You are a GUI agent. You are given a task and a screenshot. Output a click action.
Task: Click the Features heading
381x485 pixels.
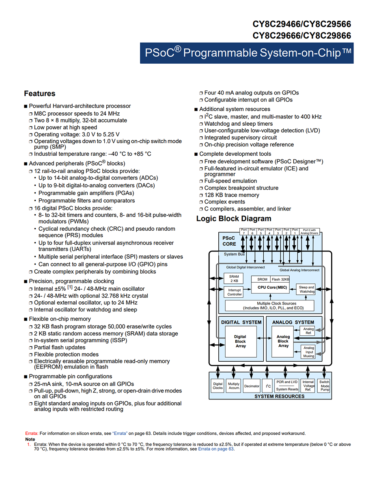(40, 93)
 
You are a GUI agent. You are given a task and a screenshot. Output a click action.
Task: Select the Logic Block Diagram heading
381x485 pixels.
(234, 219)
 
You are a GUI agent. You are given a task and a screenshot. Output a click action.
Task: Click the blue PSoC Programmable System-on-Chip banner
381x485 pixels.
(247, 53)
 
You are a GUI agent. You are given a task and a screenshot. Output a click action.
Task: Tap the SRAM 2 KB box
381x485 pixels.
(234, 279)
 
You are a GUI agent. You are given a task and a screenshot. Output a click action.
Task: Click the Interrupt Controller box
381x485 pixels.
(234, 292)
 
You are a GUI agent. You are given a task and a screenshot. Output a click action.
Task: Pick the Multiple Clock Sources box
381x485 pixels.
(269, 306)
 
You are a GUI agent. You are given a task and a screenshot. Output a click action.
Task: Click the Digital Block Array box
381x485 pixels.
(241, 341)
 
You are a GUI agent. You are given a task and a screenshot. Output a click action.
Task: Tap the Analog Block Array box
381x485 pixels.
(282, 341)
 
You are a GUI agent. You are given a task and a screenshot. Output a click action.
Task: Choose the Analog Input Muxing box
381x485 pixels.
(308, 352)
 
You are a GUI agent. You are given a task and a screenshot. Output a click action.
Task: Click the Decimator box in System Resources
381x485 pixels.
(252, 386)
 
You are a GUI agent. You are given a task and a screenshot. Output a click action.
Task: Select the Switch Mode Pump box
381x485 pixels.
(324, 386)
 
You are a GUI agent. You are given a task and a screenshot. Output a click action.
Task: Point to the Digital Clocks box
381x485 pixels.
(217, 386)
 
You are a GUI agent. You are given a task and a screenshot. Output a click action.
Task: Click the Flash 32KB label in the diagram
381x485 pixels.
(280, 279)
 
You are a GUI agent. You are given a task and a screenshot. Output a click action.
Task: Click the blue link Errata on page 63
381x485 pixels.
(216, 449)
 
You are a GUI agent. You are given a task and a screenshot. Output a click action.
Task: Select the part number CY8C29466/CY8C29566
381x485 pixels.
(302, 24)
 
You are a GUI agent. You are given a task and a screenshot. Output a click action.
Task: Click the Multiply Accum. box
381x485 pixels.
(234, 386)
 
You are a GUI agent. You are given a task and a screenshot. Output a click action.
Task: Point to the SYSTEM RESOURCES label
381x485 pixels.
(280, 396)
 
